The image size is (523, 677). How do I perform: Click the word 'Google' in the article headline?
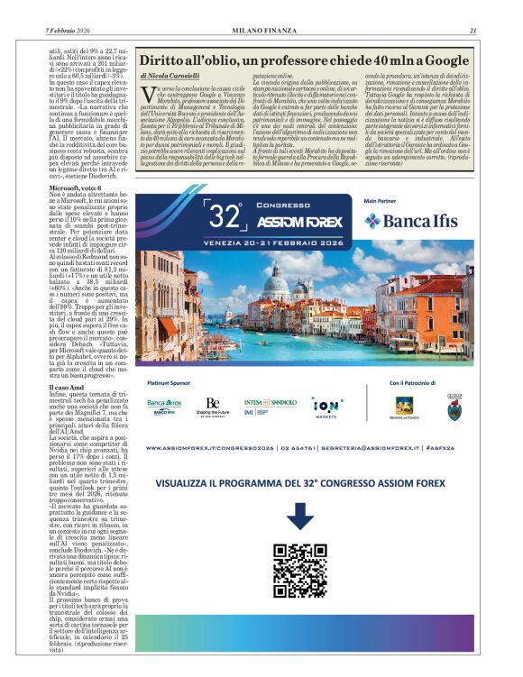(x=444, y=60)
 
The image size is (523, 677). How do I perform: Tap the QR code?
(x=300, y=563)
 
